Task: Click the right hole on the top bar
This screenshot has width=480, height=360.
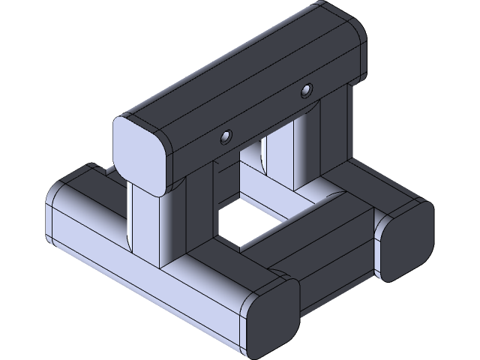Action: pos(305,91)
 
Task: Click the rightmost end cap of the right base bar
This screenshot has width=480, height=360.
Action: pos(406,241)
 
